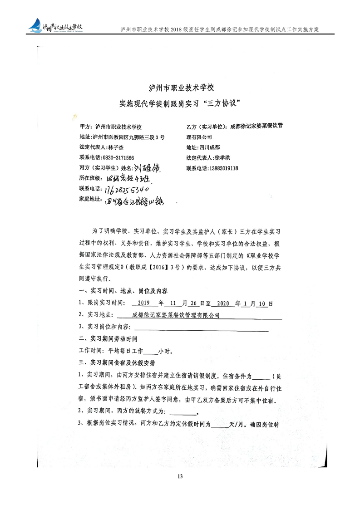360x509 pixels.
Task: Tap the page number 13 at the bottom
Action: (x=180, y=476)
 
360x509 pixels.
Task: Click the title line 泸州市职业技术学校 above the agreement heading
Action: (x=181, y=87)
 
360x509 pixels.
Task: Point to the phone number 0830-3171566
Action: (x=113, y=157)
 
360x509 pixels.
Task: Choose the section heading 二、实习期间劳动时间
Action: (x=108, y=339)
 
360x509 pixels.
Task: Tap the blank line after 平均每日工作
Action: (x=150, y=351)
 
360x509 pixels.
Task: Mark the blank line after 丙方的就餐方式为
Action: (x=182, y=412)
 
